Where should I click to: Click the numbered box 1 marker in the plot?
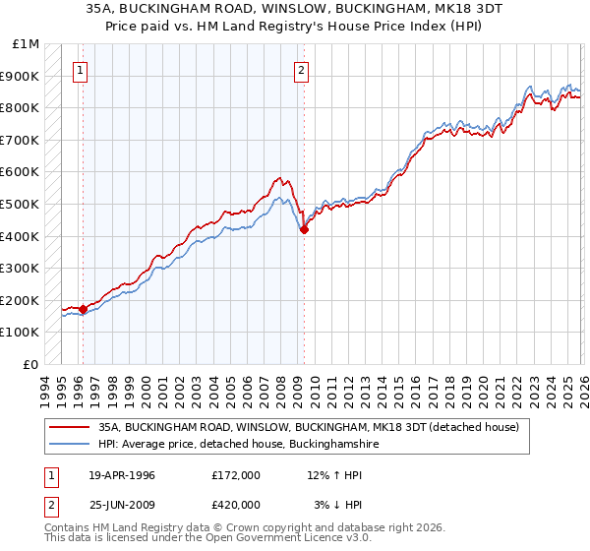pos(79,70)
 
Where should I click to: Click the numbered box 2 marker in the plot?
pos(300,70)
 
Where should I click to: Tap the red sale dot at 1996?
pos(84,309)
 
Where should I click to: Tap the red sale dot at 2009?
pos(304,229)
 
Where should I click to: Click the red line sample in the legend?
pos(70,428)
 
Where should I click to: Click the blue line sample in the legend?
pos(70,445)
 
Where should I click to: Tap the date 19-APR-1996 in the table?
pos(122,474)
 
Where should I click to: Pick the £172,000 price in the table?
pos(235,474)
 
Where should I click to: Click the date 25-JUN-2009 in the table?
pos(122,506)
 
